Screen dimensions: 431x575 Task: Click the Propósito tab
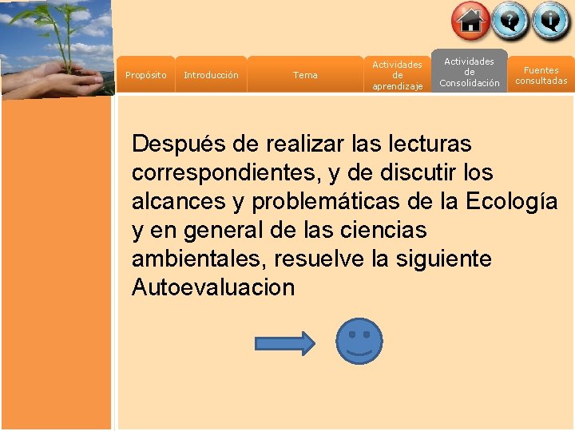pos(146,75)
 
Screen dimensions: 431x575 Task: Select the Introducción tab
pos(211,75)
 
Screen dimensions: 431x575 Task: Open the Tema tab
pos(305,75)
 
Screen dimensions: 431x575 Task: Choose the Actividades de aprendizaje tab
pos(397,75)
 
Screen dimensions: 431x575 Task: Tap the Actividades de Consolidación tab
pos(470,72)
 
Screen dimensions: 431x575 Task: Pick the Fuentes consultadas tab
pos(541,75)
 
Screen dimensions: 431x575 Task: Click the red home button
pos(470,21)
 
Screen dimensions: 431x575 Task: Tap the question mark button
pos(510,21)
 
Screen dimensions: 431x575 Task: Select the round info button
pos(551,21)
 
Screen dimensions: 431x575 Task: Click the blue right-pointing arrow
pos(284,343)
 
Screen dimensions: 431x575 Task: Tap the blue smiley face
pos(359,342)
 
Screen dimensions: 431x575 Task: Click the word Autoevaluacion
pos(213,287)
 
